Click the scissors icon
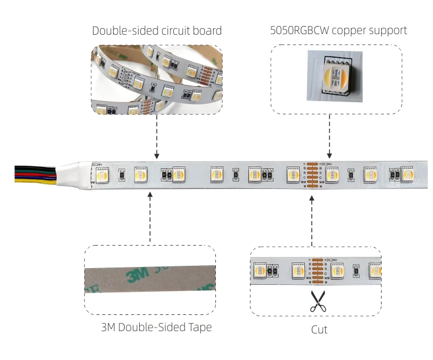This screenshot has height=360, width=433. point(317,301)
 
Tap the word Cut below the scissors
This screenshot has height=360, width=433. point(319,329)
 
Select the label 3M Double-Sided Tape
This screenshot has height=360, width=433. point(156,327)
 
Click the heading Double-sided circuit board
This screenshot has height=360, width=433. point(157,30)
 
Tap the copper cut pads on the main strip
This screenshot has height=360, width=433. point(312,174)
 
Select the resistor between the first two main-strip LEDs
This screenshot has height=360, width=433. point(122,175)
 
